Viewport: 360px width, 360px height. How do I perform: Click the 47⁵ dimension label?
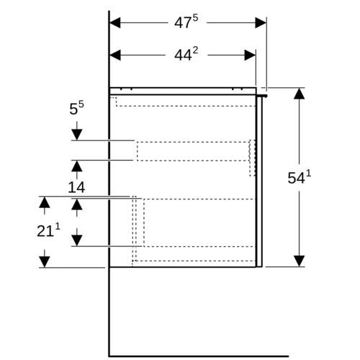[x=186, y=22]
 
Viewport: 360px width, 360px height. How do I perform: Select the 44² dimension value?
[x=186, y=54]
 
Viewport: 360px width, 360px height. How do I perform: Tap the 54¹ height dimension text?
[x=300, y=177]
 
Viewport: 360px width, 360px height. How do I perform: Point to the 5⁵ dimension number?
[x=77, y=108]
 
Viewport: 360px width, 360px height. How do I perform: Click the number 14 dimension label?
[x=76, y=187]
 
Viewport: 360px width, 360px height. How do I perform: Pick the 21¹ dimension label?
[x=48, y=230]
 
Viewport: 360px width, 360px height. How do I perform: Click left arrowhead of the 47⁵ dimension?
[x=115, y=23]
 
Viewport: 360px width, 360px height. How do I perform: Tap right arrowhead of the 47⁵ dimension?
[x=261, y=23]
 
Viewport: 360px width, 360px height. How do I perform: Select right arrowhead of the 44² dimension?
[x=250, y=55]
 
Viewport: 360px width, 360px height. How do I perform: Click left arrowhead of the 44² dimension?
[x=115, y=55]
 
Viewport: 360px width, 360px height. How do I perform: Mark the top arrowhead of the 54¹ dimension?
[x=300, y=94]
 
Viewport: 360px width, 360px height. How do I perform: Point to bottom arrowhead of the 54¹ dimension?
[x=300, y=261]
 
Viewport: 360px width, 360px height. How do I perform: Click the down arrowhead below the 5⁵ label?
[x=77, y=135]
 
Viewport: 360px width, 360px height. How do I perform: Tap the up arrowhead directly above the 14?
[x=77, y=166]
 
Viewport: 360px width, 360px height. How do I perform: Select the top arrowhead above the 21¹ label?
[x=45, y=202]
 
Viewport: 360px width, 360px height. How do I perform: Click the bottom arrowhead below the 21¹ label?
[x=45, y=261]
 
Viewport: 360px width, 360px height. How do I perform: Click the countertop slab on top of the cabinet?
[x=183, y=91]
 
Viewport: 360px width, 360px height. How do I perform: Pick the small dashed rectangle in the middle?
[x=193, y=151]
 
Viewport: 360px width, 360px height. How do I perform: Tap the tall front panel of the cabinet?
[x=259, y=181]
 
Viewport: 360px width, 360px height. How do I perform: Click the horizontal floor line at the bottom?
[x=199, y=356]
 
